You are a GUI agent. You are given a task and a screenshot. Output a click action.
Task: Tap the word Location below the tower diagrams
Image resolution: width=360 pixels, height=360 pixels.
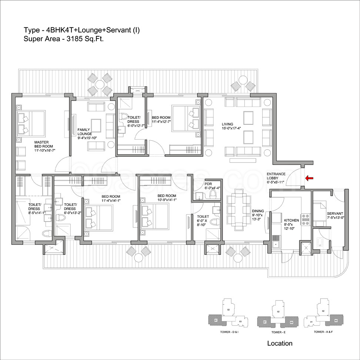[x=280, y=343]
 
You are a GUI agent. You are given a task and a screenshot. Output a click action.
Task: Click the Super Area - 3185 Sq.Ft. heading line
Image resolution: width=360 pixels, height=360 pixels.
[x=63, y=38]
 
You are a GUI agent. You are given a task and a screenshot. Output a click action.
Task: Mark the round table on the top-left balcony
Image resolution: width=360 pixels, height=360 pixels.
[x=100, y=84]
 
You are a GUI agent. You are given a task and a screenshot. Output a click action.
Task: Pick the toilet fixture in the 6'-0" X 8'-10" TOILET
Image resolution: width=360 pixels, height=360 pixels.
[x=213, y=223]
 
